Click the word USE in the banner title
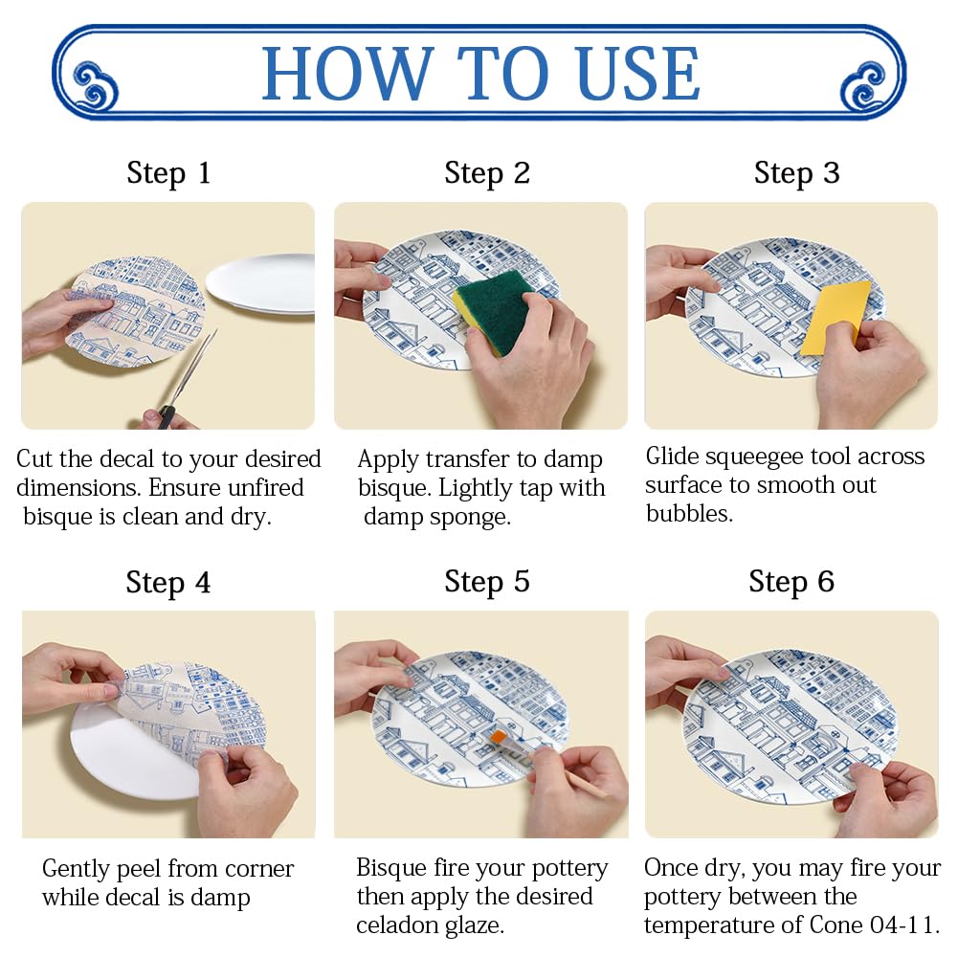click(x=637, y=74)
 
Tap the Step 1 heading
click(x=168, y=173)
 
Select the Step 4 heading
click(x=168, y=582)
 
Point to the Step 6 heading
click(x=791, y=581)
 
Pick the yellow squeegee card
click(x=835, y=318)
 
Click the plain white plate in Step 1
click(x=261, y=284)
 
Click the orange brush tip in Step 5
click(x=498, y=738)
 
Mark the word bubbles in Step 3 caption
click(x=689, y=515)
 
